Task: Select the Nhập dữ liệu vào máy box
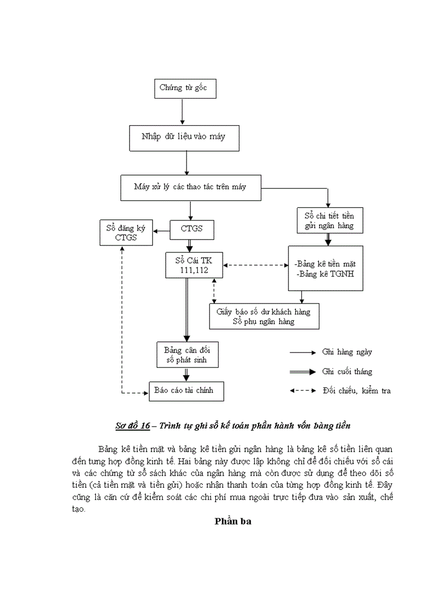tap(184, 137)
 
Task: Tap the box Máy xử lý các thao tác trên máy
tap(191, 187)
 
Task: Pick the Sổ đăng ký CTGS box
tap(126, 233)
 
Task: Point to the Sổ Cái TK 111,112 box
tap(194, 265)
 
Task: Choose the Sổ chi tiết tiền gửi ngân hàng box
tap(329, 221)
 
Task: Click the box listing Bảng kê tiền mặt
tap(325, 268)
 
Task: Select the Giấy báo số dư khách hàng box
tap(264, 316)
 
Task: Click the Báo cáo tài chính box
tap(186, 391)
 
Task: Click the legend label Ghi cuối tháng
tap(347, 372)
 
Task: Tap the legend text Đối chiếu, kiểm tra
tap(357, 391)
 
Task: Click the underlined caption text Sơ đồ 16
tap(133, 426)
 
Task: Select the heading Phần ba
tap(232, 521)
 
